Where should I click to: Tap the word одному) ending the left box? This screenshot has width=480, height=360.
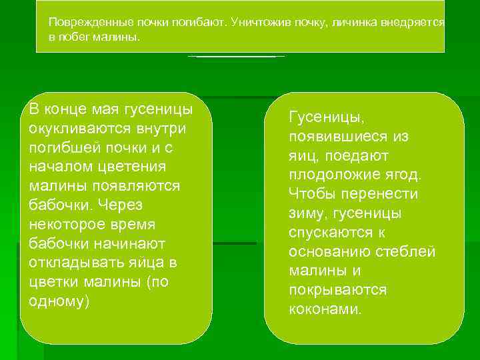coord(59,301)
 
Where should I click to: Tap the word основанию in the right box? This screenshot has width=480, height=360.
coord(329,252)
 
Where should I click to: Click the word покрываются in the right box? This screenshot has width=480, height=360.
coord(337,291)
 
